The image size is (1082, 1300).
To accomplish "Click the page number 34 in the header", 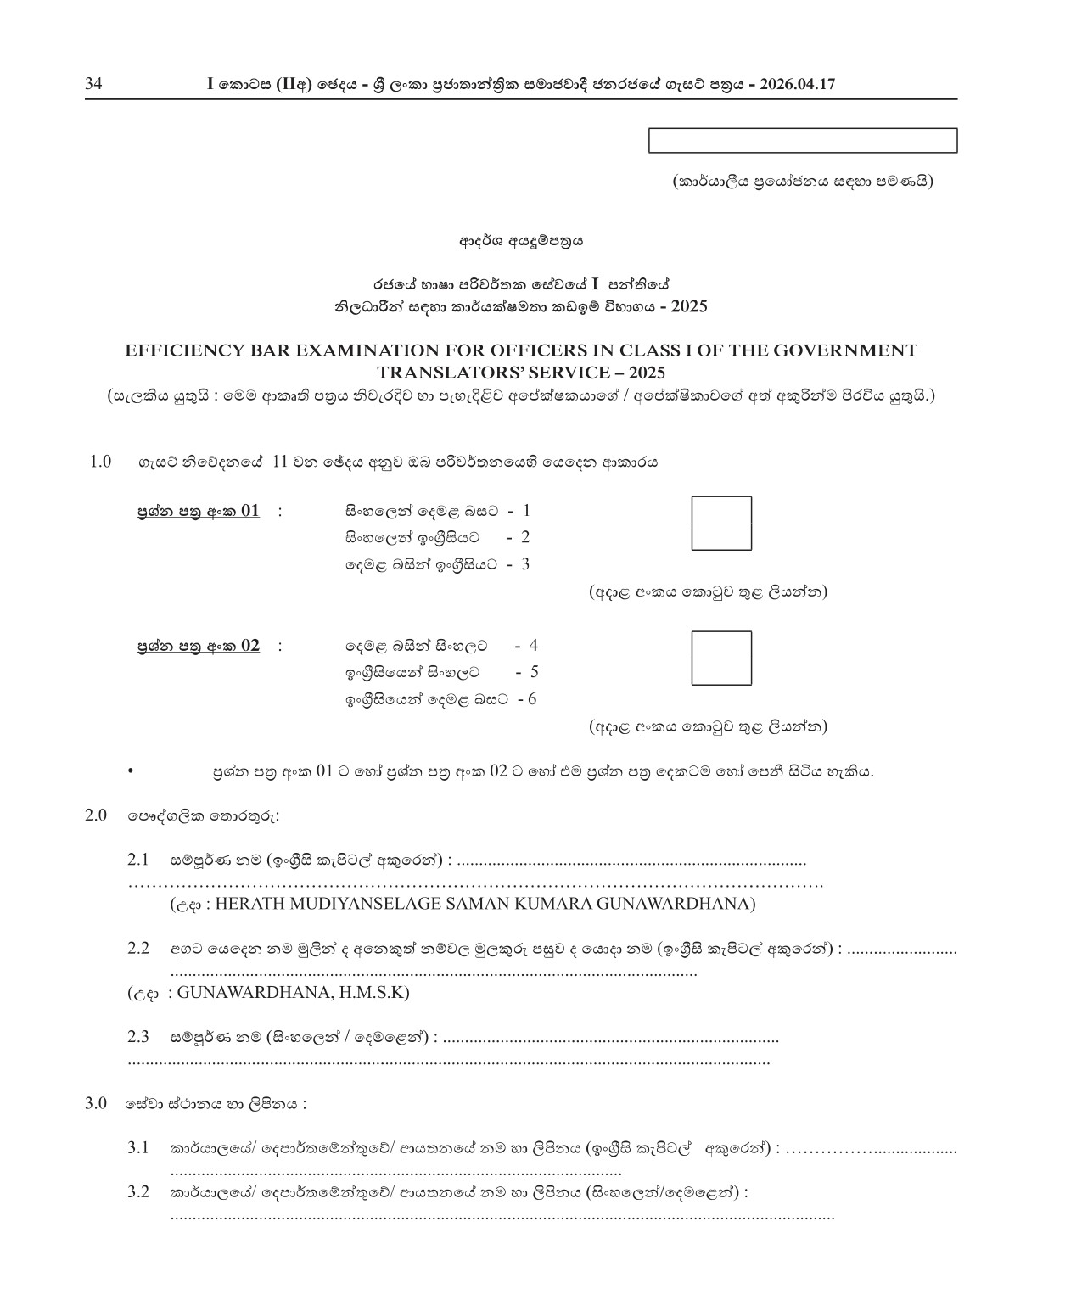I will (x=93, y=84).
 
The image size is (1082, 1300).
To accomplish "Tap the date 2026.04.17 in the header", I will (x=799, y=84).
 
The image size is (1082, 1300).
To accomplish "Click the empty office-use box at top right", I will (x=802, y=141).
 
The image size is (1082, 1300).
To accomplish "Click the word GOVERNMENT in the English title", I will (x=855, y=350).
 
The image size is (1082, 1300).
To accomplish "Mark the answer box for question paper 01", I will (x=720, y=524).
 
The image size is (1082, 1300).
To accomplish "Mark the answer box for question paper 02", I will (x=720, y=658).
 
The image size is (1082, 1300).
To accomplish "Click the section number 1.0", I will (x=100, y=462).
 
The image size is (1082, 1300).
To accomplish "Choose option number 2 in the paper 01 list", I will (x=525, y=537).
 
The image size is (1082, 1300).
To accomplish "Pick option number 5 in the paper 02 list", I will (x=534, y=672).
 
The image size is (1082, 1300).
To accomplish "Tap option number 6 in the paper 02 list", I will (x=532, y=699).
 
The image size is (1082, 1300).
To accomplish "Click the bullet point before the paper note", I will (x=130, y=771).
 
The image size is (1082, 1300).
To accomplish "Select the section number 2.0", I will (x=96, y=815).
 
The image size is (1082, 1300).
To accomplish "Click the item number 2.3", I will (x=138, y=1036).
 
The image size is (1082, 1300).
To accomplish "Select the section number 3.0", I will (x=96, y=1103).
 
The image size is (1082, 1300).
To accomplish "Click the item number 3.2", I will (x=138, y=1192).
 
